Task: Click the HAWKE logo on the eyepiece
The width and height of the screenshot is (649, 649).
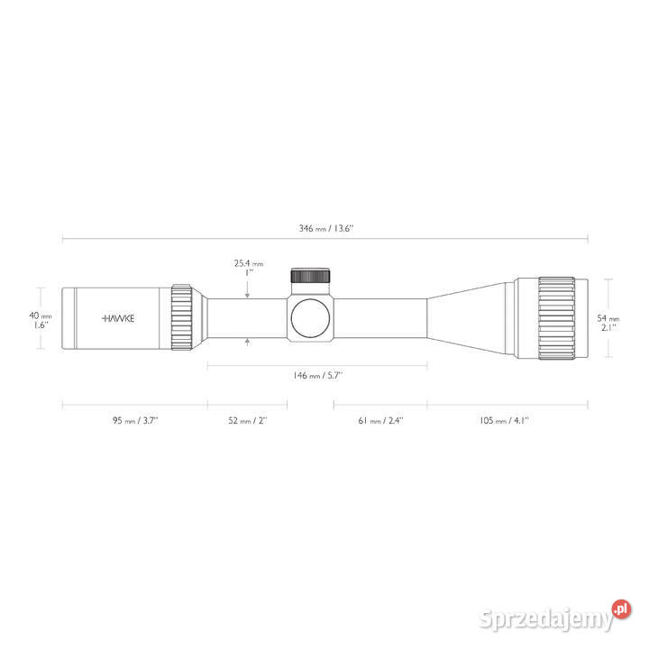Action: pyautogui.click(x=118, y=318)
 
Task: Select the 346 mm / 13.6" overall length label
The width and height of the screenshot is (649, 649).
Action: pyautogui.click(x=326, y=228)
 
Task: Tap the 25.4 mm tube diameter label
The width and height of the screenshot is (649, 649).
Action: pyautogui.click(x=249, y=263)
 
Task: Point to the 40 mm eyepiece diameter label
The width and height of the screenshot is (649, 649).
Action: pyautogui.click(x=41, y=315)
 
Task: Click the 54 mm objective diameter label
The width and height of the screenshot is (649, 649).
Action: pyautogui.click(x=608, y=318)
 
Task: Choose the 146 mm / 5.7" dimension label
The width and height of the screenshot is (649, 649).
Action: pyautogui.click(x=317, y=375)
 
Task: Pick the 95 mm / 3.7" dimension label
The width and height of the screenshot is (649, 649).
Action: pyautogui.click(x=135, y=421)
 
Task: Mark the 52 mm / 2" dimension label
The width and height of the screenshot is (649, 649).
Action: pyautogui.click(x=248, y=421)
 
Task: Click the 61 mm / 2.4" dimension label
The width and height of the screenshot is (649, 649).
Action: pyautogui.click(x=380, y=421)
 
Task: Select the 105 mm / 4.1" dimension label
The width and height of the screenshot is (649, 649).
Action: pyautogui.click(x=504, y=421)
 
